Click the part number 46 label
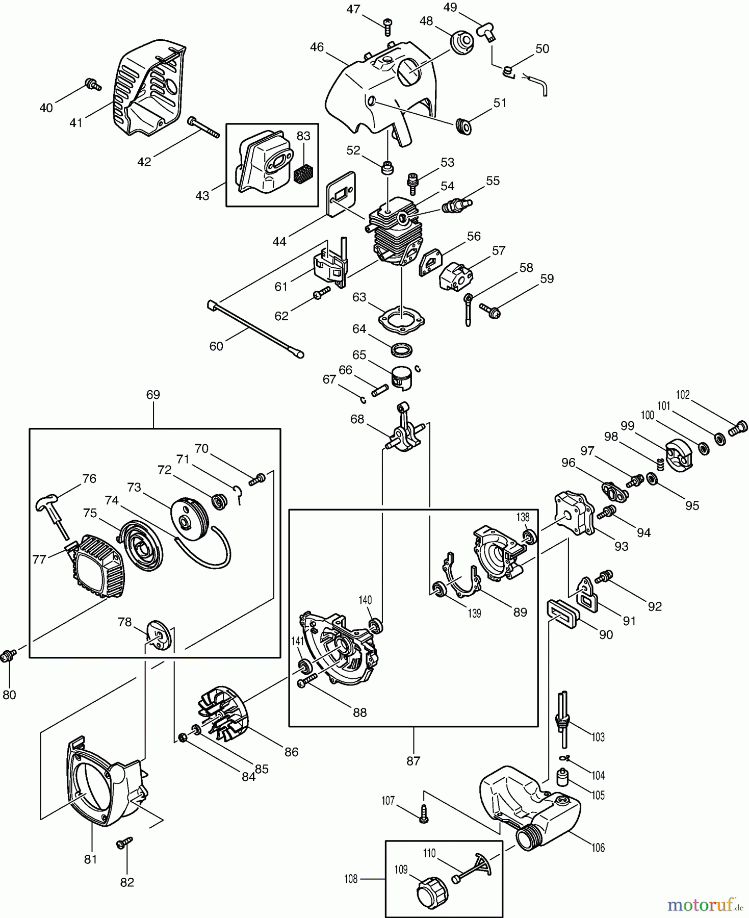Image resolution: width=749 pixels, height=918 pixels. click(317, 47)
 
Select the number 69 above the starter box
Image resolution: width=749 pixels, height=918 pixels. click(153, 395)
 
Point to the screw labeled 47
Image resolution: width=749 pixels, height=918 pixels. click(389, 26)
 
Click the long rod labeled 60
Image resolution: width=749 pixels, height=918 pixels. click(255, 329)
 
